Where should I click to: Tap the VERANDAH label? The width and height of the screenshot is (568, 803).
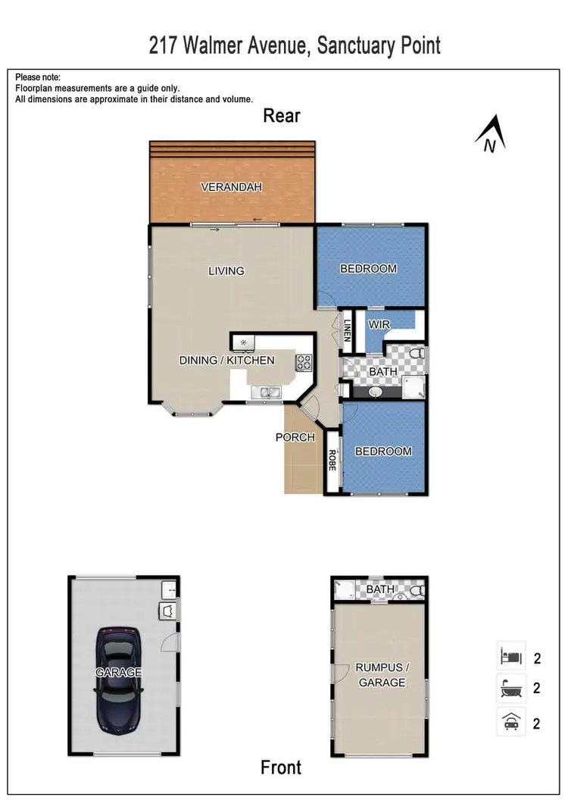click(x=231, y=186)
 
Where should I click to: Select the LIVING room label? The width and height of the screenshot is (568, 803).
click(x=226, y=270)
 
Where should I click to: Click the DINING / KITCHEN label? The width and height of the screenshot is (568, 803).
click(x=226, y=360)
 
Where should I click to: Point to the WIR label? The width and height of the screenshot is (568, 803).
click(x=379, y=324)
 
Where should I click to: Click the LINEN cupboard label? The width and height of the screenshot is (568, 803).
click(x=348, y=330)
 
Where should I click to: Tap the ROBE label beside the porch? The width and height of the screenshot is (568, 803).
click(x=332, y=461)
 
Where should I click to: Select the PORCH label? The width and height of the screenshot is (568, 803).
click(x=295, y=437)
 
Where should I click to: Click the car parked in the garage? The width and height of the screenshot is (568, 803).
click(x=119, y=673)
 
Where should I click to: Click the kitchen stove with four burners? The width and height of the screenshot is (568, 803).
click(x=304, y=363)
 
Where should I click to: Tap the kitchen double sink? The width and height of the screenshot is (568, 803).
click(x=267, y=392)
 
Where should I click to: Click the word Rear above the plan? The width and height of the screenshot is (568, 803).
click(x=282, y=116)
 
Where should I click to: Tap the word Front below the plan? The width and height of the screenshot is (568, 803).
click(x=281, y=767)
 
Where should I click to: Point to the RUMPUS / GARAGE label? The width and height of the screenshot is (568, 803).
click(x=380, y=674)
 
